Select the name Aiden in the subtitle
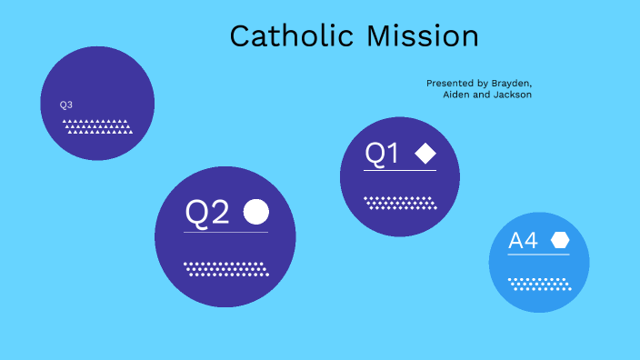tap(457, 95)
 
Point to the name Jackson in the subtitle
tap(512, 95)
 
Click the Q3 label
tap(66, 105)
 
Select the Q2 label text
tap(207, 213)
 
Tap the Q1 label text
tap(382, 155)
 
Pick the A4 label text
tap(523, 241)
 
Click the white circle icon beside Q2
tap(256, 212)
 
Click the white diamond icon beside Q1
tap(425, 154)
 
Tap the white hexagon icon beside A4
tap(559, 240)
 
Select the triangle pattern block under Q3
tap(98, 126)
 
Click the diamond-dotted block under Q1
tap(400, 202)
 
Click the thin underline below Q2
tap(225, 233)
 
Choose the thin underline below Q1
tap(400, 171)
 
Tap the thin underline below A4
tap(539, 255)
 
